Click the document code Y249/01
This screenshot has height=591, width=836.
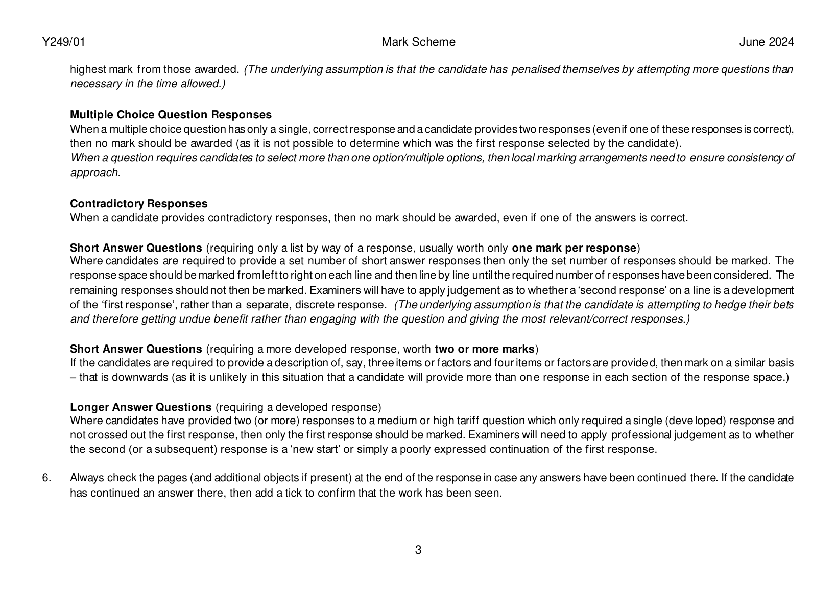[64, 42]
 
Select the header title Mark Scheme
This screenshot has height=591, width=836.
[418, 42]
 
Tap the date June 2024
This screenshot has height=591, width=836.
[767, 42]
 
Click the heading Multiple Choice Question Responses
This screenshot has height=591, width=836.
[171, 115]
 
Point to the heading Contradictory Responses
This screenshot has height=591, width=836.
[138, 204]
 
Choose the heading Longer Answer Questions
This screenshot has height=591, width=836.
[140, 407]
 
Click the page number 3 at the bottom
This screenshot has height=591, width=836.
[418, 550]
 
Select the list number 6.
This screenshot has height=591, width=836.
[46, 478]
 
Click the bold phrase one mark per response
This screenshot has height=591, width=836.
[574, 249]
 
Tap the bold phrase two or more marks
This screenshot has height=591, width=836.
[484, 350]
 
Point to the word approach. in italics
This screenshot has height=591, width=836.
[95, 173]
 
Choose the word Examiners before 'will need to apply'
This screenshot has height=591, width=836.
[492, 435]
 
